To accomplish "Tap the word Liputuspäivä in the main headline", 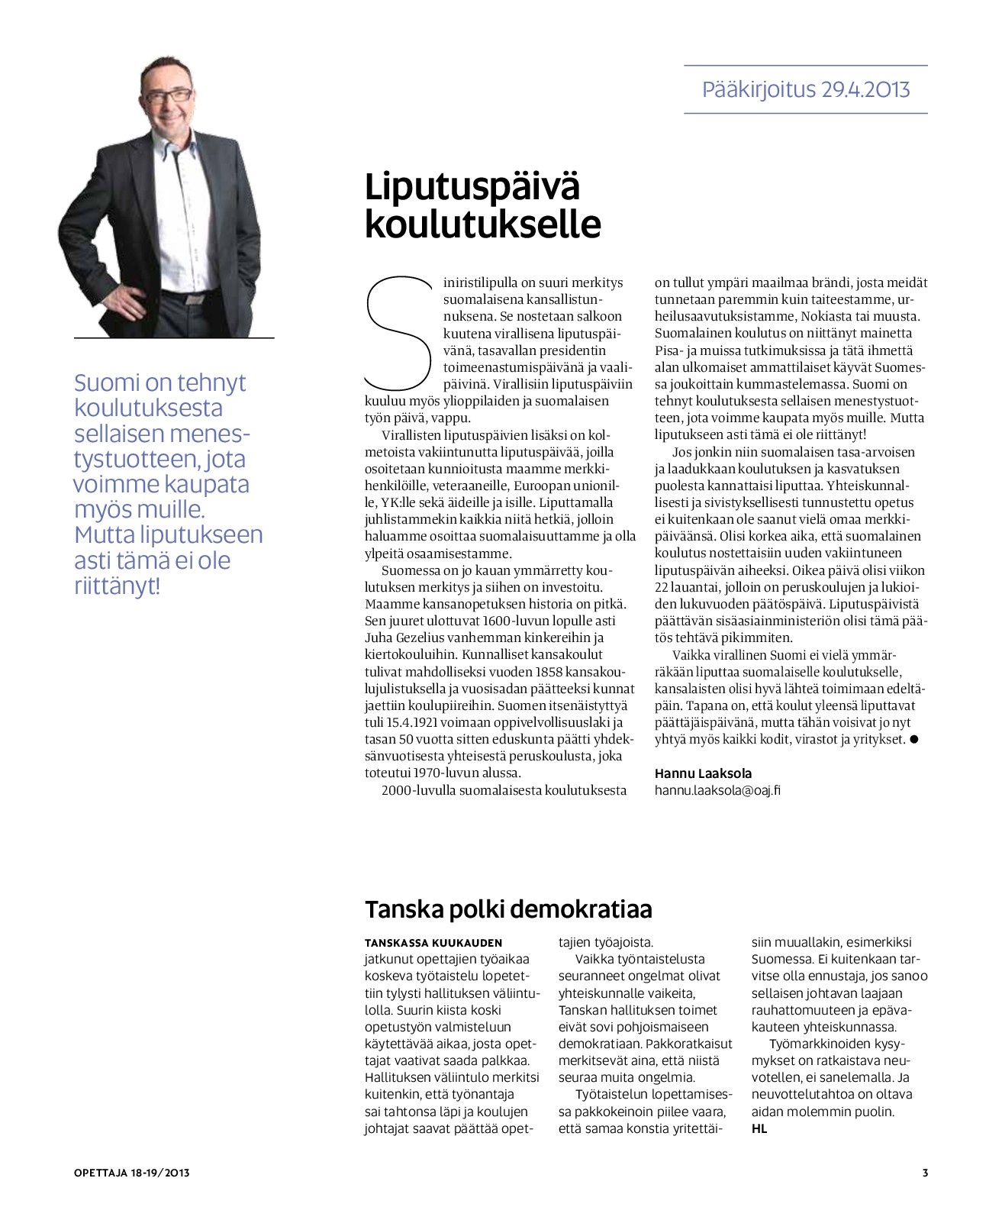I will [472, 187].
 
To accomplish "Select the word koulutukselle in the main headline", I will [482, 224].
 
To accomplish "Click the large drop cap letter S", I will [399, 333].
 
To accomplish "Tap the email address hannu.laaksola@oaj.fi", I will [717, 790].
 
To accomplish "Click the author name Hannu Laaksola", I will [703, 773].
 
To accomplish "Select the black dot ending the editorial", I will [914, 739].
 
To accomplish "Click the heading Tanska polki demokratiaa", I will [508, 909].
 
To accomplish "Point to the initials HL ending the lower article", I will [759, 1128].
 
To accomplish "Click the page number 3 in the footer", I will [925, 1173].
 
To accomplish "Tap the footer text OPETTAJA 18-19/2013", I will [131, 1173].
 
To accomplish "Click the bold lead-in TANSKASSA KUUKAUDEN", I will [433, 943].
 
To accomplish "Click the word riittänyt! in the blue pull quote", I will [117, 586].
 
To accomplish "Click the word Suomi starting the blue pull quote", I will [107, 382].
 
